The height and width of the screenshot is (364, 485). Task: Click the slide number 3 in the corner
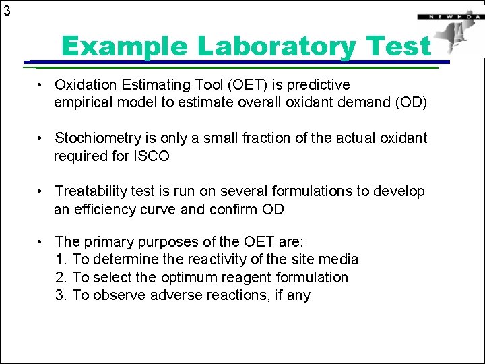(x=7, y=10)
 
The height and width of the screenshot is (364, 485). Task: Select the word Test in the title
(x=401, y=47)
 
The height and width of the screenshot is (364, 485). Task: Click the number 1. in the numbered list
(x=61, y=260)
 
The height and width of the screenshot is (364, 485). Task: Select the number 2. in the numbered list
(x=61, y=278)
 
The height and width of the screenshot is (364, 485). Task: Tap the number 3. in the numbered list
(x=61, y=295)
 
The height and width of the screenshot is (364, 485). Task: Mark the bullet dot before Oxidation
(x=41, y=86)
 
